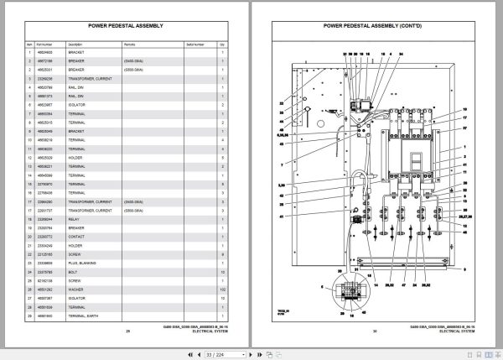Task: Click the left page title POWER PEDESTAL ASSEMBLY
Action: pos(123,24)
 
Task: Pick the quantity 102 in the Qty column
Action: pos(222,290)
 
